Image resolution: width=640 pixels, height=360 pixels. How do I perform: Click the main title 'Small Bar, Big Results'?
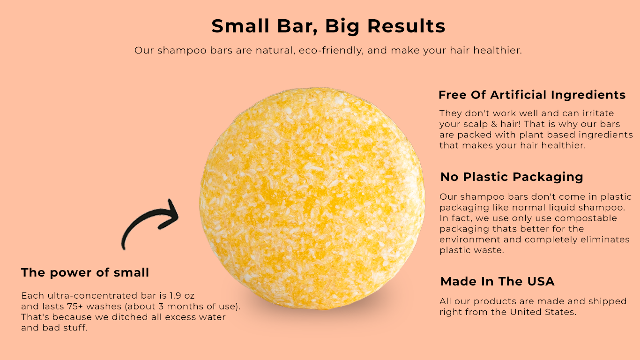[328, 26]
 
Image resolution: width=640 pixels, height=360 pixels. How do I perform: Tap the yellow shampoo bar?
[313, 197]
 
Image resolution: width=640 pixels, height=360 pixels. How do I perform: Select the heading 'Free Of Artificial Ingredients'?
[532, 95]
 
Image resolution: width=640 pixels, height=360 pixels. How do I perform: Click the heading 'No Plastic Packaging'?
[512, 177]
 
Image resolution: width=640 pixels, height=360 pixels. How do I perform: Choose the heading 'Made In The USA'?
[497, 282]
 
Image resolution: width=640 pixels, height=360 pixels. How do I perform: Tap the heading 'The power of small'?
[85, 272]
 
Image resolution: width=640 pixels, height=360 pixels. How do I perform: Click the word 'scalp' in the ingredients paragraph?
[473, 124]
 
